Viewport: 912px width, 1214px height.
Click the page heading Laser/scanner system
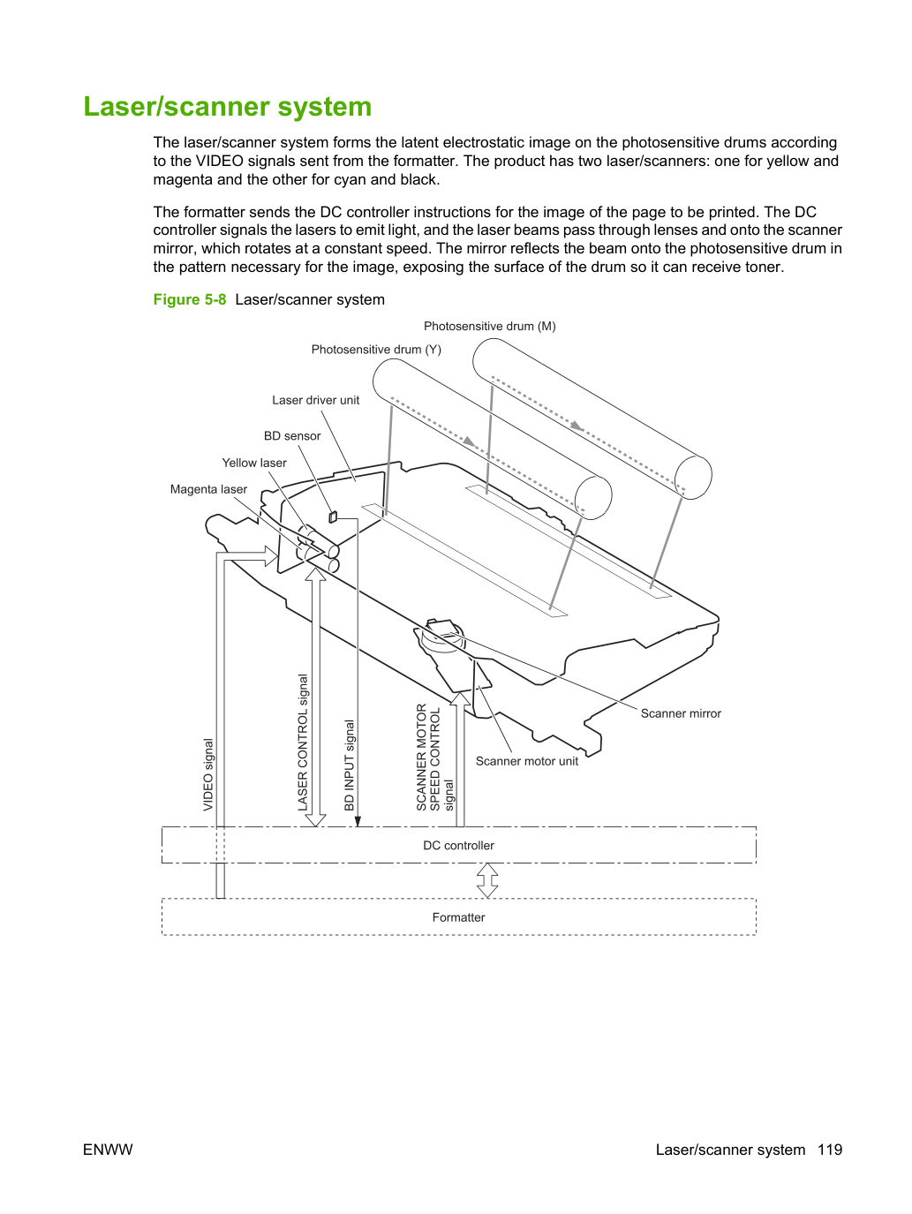tap(227, 107)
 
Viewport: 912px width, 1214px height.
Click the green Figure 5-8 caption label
tap(190, 300)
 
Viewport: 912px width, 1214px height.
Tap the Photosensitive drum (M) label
tap(489, 327)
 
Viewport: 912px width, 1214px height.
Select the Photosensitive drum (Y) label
tap(376, 350)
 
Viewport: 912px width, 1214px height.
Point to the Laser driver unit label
tap(315, 400)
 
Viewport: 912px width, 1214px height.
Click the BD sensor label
tap(292, 436)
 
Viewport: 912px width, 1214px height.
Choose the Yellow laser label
tap(254, 463)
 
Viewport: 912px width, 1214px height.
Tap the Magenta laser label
tap(208, 489)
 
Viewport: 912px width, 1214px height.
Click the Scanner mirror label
tap(681, 713)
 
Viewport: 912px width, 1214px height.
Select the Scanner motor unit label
tap(526, 761)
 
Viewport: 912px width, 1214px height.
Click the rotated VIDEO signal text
tap(208, 775)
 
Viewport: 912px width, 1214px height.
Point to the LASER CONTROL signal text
tap(303, 743)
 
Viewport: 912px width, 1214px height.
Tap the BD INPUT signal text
tap(349, 765)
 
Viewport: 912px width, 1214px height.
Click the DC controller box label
tap(458, 846)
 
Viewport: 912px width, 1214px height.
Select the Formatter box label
tap(458, 917)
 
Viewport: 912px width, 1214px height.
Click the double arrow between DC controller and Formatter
tap(487, 880)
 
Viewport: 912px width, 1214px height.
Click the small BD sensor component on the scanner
tap(333, 517)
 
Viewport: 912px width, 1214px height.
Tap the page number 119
tap(830, 1150)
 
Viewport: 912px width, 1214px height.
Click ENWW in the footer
tap(108, 1150)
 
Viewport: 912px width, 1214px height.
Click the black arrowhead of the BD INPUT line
tap(358, 821)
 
